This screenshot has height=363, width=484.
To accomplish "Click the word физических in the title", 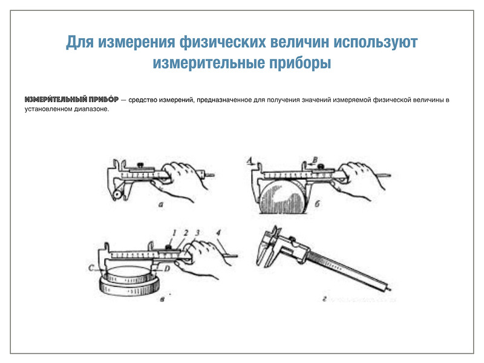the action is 222,42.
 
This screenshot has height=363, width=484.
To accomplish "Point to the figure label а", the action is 160,204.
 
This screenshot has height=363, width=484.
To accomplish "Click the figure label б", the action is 317,204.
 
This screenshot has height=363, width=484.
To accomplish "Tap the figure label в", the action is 162,299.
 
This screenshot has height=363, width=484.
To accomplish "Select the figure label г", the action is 324,298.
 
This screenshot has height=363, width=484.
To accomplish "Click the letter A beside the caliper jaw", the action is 250,160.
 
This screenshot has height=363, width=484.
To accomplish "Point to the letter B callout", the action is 315,160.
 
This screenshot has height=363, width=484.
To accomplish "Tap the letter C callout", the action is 91,268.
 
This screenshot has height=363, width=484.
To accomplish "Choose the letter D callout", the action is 167,269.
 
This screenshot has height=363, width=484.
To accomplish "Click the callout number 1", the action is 174,233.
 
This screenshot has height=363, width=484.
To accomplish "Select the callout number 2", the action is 186,233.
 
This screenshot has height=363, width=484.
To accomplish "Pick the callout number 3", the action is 197,233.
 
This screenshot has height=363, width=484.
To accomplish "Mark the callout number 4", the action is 218,232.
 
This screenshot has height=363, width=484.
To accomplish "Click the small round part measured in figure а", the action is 117,194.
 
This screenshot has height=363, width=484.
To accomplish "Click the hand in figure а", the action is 180,180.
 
